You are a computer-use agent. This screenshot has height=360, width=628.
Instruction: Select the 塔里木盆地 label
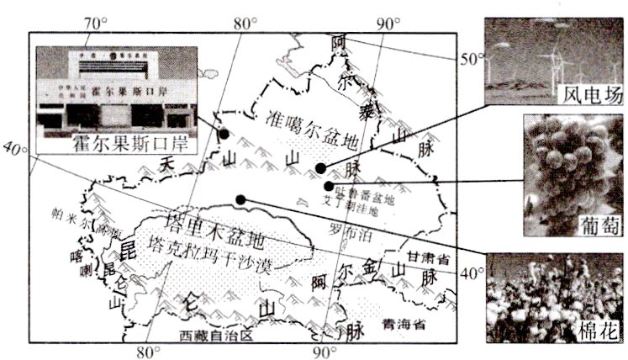[x=218, y=225]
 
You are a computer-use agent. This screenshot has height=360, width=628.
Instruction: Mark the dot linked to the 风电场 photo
[x=320, y=168]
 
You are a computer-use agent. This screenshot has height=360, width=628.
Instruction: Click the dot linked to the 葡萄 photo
[x=328, y=186]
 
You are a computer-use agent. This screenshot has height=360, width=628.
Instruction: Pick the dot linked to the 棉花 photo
[x=241, y=199]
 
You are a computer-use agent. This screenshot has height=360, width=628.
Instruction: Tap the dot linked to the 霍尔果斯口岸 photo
[x=224, y=133]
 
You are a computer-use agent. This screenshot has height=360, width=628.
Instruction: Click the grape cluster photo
[x=572, y=172]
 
